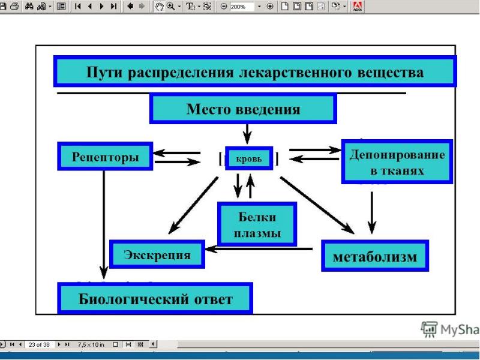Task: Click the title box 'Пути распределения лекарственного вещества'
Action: [x=254, y=72]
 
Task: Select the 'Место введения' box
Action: [x=242, y=109]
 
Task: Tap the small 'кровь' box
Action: [x=248, y=158]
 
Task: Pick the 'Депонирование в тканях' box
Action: [x=397, y=161]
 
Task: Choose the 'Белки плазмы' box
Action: [x=257, y=224]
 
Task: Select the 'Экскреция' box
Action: [x=157, y=254]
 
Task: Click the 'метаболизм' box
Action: [x=375, y=256]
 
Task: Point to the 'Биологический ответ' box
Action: [x=155, y=299]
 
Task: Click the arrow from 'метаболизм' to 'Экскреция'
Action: [x=258, y=248]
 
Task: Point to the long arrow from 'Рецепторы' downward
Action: [x=104, y=222]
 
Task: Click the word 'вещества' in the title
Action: [x=395, y=73]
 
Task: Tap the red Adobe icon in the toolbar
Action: [x=359, y=6]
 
